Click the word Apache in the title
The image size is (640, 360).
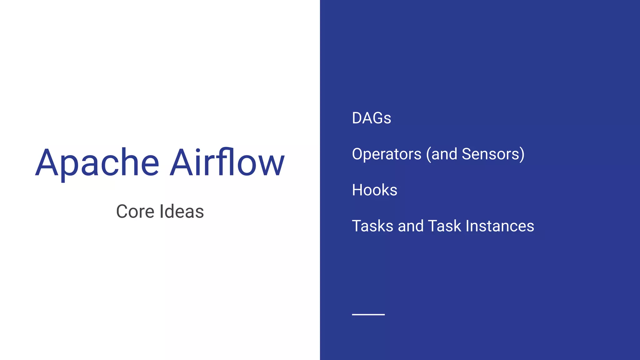point(97,163)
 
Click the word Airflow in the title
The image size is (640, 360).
point(227,162)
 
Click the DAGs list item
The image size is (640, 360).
point(371,118)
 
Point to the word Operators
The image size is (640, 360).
point(387,154)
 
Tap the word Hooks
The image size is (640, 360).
point(374,190)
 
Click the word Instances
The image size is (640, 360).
point(500,226)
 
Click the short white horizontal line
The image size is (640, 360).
point(368,314)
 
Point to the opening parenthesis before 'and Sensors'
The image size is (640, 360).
point(428,154)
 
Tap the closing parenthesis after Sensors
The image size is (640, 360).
point(522,154)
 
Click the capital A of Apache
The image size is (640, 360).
point(47,163)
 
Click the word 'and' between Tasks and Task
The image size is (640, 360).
point(411,226)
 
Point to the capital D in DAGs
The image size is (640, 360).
point(357,118)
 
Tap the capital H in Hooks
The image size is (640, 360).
point(357,190)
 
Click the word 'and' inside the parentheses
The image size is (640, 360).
point(444,154)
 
